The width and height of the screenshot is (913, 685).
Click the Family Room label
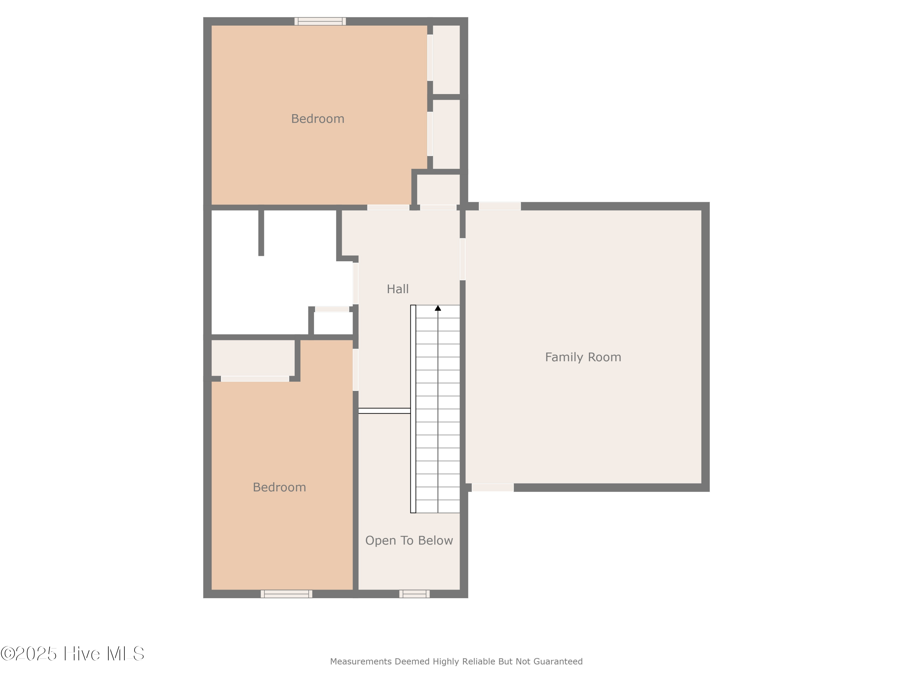[583, 357]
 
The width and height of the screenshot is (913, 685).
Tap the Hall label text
[397, 289]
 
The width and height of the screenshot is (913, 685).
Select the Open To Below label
[409, 540]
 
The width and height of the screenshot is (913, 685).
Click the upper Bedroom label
[317, 119]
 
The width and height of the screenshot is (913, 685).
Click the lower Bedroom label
[279, 487]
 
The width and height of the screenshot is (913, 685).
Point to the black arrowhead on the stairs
[438, 308]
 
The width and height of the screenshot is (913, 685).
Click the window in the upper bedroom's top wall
[320, 21]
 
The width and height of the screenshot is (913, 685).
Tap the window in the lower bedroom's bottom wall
[286, 594]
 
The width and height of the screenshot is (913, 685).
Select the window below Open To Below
[415, 594]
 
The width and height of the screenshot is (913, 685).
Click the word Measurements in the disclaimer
[361, 662]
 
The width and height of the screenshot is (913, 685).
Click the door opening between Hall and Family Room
[463, 259]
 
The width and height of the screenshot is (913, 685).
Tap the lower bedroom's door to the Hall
[355, 370]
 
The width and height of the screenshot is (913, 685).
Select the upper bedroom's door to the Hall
[388, 207]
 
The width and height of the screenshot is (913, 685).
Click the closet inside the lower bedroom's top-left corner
[253, 358]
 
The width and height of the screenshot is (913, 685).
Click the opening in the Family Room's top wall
[499, 206]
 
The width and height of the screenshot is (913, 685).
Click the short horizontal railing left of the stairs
[384, 410]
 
